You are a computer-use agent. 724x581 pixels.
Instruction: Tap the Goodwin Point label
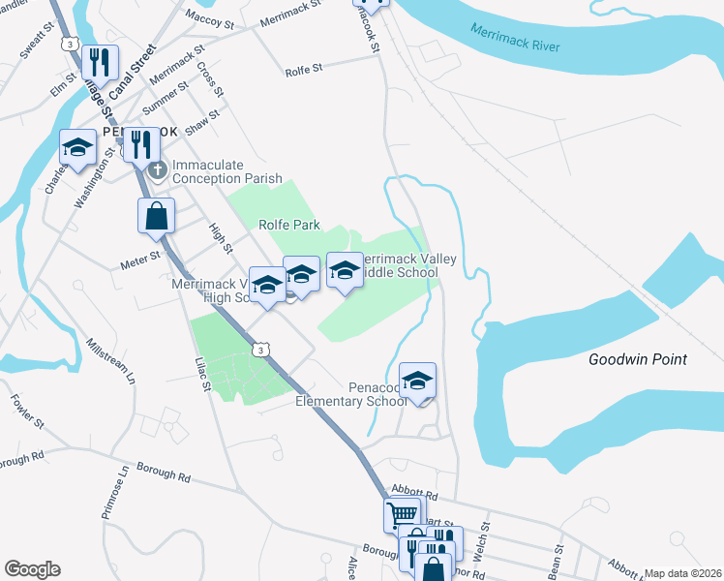[x=638, y=359]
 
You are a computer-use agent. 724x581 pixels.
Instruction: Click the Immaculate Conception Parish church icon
[x=158, y=170]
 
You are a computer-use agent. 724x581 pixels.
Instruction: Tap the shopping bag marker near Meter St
[x=157, y=217]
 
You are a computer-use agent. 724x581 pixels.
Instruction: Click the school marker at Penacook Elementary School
[x=417, y=381]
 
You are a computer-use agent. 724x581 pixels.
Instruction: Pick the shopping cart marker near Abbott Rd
[x=403, y=514]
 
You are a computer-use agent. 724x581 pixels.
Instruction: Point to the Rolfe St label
[x=303, y=71]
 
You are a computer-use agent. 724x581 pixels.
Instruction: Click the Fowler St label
[x=27, y=411]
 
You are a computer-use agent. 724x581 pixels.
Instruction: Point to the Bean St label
[x=556, y=566]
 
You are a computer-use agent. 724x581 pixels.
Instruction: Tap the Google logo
[x=32, y=569]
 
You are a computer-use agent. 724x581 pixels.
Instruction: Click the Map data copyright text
[x=682, y=573]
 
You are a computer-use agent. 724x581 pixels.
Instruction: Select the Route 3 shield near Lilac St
[x=261, y=350]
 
